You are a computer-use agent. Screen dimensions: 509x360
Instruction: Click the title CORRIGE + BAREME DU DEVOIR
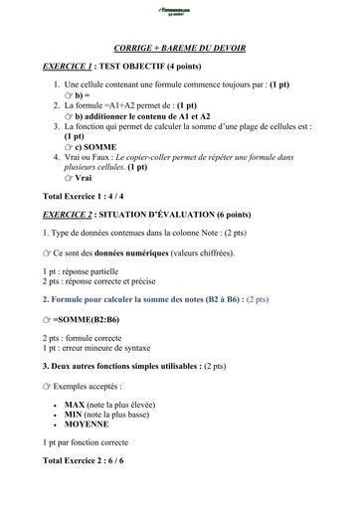180,48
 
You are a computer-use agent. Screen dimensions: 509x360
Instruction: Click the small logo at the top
180,13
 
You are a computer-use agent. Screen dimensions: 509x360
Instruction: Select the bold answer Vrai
96,178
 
